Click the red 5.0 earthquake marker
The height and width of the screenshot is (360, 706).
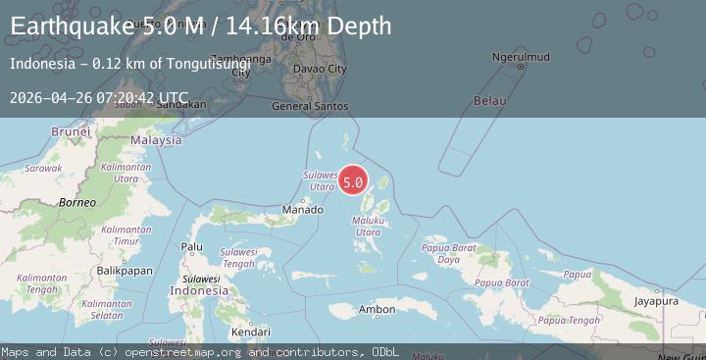[x=353, y=181]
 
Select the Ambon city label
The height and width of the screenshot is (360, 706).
[x=377, y=310]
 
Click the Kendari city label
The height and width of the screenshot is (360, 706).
[x=250, y=332]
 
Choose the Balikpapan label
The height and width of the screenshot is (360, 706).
[x=126, y=270]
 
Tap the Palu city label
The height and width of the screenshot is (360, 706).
[x=192, y=246]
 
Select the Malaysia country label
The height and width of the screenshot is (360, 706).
[x=157, y=140]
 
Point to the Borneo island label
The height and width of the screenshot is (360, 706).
[x=76, y=202]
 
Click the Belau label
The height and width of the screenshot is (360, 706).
[x=489, y=101]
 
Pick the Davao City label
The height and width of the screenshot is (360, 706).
[x=321, y=69]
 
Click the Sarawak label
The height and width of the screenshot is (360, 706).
[x=43, y=168]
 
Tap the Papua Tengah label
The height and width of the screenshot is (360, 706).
[x=569, y=320]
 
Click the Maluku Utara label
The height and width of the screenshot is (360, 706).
[x=366, y=226]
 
